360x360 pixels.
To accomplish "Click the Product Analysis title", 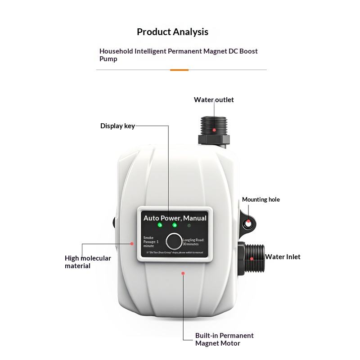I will coord(172,32).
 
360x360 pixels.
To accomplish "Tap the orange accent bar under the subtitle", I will coord(179,70).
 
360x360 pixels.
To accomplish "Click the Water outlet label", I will coord(214,100).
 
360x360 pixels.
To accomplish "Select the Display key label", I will coord(117,126).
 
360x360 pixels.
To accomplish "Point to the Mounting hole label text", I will coord(261,199).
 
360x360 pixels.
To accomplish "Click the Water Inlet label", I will coord(283,257).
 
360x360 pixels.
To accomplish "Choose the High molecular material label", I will coord(88,262).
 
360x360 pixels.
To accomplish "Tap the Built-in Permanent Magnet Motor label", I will coord(224,339).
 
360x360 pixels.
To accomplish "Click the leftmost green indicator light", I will coord(160,225).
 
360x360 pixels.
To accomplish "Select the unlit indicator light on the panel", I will coord(189,225).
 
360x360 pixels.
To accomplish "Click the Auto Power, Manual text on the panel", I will coord(175,218).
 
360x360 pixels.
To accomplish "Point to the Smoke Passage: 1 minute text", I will coord(149,242).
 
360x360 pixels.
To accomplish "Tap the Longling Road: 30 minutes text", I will coord(193,242).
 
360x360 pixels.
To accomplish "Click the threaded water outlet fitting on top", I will coord(214,126).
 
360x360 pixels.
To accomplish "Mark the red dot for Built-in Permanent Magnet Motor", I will coord(183,272).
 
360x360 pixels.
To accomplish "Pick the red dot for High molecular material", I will coord(132,244).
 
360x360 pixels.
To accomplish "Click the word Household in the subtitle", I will coord(116,51).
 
